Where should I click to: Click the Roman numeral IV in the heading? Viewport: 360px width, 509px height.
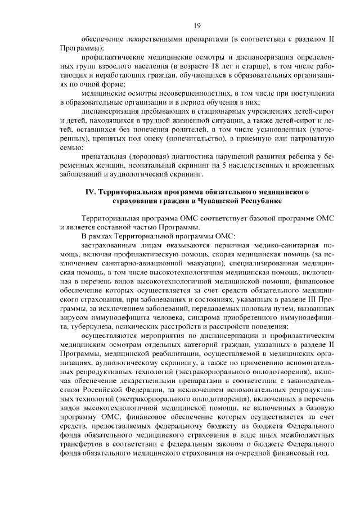89,192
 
